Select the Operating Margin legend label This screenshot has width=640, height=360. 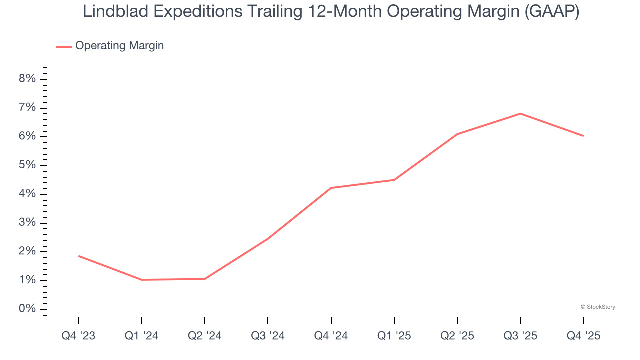point(119,46)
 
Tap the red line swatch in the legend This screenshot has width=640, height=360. point(64,46)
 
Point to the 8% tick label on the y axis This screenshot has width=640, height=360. point(27,79)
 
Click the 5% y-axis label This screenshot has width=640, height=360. point(27,165)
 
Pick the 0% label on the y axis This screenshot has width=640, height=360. point(27,309)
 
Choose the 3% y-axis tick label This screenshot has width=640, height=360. point(27,223)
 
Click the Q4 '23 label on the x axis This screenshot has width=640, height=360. point(78,336)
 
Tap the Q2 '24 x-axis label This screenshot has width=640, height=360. point(205,336)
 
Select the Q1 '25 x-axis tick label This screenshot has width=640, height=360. point(394,336)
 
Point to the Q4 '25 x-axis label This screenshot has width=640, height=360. point(583,336)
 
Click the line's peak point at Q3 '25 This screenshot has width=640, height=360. point(520,113)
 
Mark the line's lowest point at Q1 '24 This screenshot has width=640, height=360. point(142,280)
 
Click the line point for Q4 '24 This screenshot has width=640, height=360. point(331,188)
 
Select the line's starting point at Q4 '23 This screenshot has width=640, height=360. point(79,256)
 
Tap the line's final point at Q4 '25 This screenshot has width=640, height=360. point(583,136)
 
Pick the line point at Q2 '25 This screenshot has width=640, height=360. point(457,134)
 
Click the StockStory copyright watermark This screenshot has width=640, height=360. point(598,307)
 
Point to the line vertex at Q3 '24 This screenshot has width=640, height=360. point(268,238)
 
